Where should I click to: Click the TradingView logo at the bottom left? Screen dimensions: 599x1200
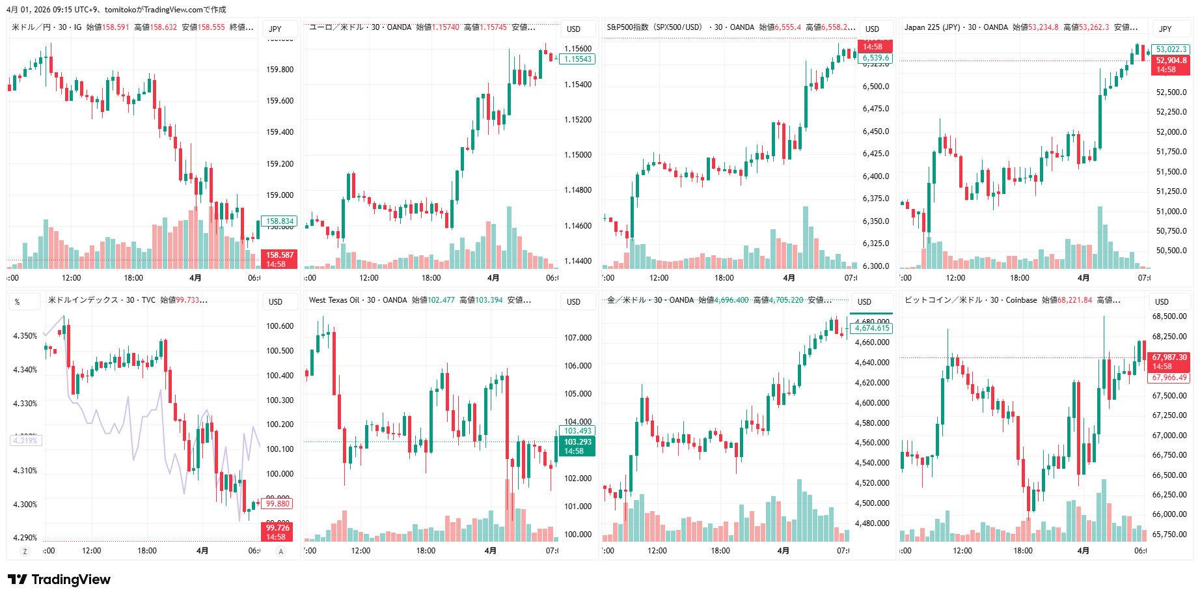pos(59,579)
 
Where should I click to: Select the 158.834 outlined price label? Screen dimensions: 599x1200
pos(279,221)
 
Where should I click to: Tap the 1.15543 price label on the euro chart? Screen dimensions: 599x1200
pos(577,59)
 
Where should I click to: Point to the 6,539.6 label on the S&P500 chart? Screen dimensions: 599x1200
pos(875,58)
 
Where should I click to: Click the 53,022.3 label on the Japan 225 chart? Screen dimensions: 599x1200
pos(1171,49)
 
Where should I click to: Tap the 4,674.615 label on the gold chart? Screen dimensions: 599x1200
pos(872,328)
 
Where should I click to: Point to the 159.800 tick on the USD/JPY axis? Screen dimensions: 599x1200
pos(280,70)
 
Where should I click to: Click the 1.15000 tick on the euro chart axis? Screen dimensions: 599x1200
pos(578,155)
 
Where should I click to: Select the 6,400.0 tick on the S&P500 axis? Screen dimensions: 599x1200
pos(876,176)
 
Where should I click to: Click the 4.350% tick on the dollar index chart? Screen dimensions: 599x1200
pos(25,336)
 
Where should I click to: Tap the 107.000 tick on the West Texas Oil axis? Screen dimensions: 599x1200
pos(578,338)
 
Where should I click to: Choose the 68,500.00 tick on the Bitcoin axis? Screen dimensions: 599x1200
pos(1169,316)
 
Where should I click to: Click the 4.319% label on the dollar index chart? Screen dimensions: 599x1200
pos(25,441)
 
